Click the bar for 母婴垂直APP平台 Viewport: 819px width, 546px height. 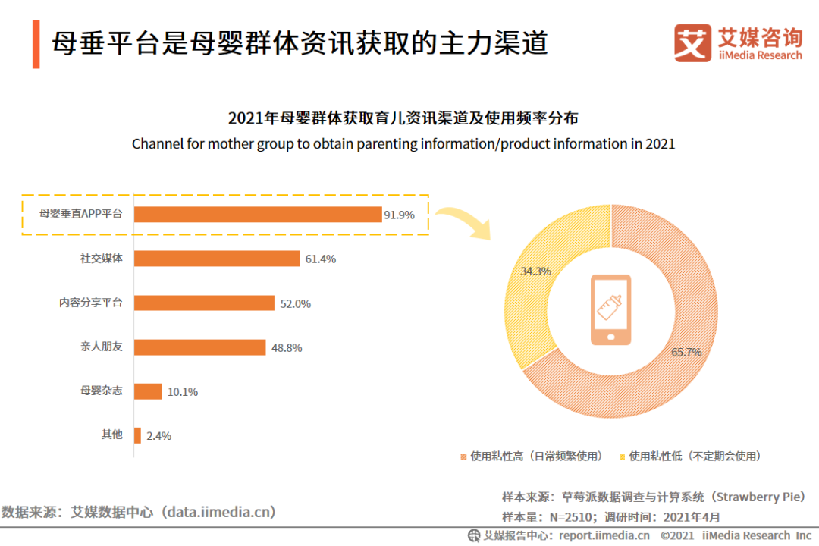click(258, 215)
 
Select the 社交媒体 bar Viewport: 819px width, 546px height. click(217, 259)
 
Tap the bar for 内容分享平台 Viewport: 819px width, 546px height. click(204, 303)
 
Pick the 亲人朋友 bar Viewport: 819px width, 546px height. click(200, 347)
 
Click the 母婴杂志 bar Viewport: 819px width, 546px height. click(148, 391)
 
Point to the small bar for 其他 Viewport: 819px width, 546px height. click(137, 435)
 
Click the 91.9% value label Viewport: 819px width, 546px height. click(399, 215)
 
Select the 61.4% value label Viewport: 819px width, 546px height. click(320, 259)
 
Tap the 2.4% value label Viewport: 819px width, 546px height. click(158, 435)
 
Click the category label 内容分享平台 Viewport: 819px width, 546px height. click(91, 302)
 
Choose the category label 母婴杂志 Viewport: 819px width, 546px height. click(102, 391)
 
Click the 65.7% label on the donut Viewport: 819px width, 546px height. click(686, 352)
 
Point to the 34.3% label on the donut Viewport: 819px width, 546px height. click(535, 271)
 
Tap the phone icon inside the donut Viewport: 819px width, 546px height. click(610, 309)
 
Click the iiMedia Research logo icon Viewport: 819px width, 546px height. click(692, 42)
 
